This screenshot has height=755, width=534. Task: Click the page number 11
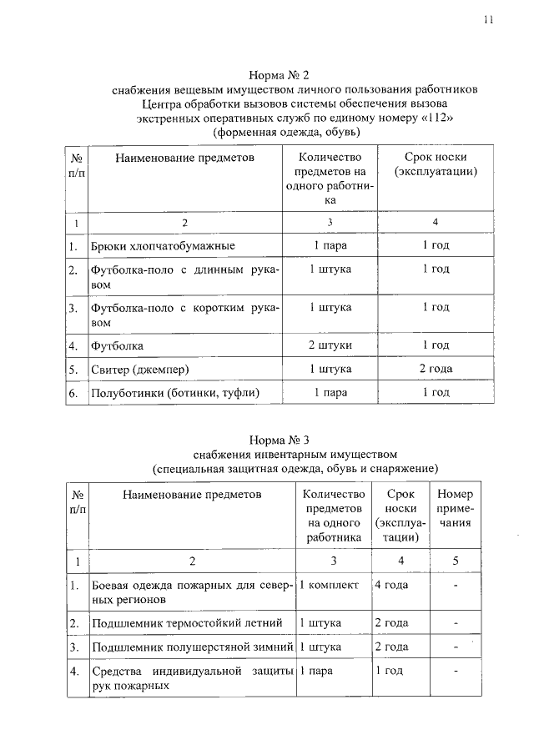point(488,20)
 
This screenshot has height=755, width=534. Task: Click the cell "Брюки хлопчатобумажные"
point(163,246)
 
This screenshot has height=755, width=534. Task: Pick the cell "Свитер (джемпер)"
point(140,370)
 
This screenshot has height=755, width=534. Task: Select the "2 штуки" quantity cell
point(330,345)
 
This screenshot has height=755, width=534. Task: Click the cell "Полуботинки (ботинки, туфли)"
point(175,393)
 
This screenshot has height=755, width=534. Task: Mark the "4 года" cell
point(391,586)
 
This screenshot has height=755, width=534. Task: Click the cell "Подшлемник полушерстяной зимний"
point(192,647)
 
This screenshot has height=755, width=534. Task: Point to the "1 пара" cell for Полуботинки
point(330,393)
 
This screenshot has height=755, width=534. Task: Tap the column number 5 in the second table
point(455,560)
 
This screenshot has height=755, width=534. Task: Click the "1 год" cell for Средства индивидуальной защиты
point(390,671)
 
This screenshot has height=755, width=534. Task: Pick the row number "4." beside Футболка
point(74,345)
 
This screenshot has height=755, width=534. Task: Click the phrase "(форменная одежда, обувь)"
point(286,133)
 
